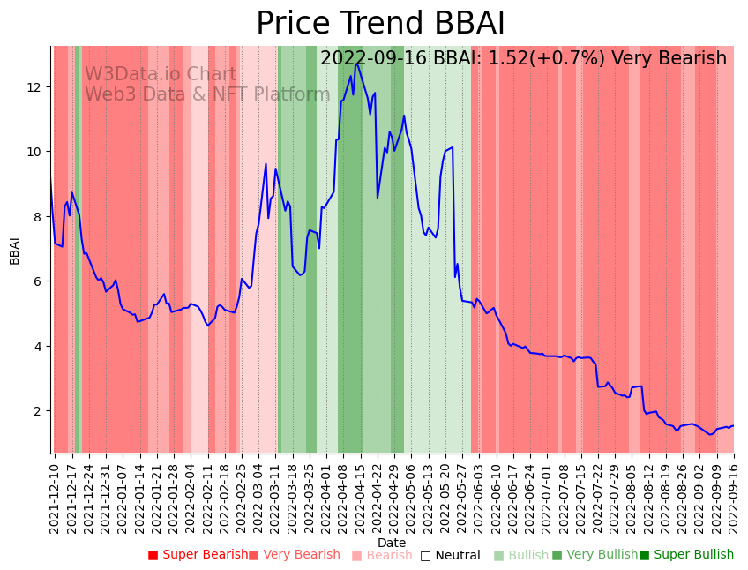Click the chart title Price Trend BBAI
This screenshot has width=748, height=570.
(380, 24)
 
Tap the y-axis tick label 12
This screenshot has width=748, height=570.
(34, 86)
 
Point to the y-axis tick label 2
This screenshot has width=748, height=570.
(38, 411)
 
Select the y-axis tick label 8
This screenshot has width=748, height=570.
(38, 216)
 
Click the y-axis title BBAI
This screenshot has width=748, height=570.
(14, 250)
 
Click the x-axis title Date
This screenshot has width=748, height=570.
(392, 543)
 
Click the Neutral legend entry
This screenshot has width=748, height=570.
(450, 555)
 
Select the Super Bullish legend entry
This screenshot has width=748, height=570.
(686, 555)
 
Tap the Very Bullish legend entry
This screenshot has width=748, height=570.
(595, 555)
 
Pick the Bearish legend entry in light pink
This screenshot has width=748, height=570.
(382, 555)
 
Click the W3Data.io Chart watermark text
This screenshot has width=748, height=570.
(161, 75)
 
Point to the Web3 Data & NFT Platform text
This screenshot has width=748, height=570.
(207, 94)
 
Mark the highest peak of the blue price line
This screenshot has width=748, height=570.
(356, 63)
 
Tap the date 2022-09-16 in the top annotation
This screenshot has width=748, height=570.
(374, 58)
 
